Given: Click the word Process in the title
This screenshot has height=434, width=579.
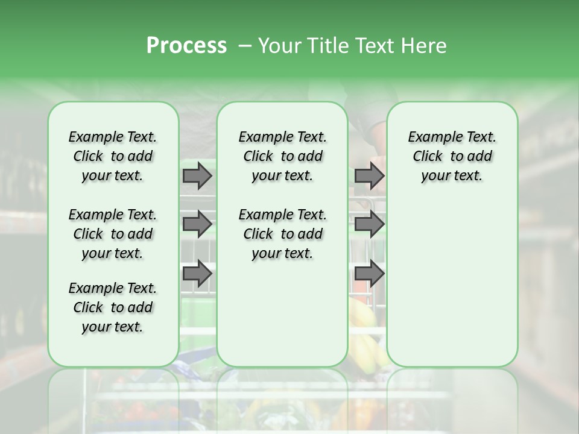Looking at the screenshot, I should point(186,46).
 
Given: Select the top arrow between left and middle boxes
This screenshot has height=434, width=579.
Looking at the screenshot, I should point(197,175).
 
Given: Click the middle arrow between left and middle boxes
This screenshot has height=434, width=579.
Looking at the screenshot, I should point(197,224).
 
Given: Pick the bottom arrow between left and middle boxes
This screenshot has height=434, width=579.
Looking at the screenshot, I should point(197,273).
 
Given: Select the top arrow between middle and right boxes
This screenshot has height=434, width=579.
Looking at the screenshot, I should point(369,175).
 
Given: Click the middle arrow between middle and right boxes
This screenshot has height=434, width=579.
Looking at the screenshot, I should point(369,224).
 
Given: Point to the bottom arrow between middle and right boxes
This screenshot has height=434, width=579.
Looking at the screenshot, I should point(369,273).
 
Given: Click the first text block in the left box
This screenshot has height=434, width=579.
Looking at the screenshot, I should point(113,156).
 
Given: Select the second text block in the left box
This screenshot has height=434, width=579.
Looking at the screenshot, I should point(113,234).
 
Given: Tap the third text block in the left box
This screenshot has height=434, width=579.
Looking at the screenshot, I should point(113,307).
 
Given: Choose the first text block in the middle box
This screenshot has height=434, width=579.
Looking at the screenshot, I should point(282,156).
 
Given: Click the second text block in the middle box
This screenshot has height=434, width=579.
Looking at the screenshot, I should point(282,234).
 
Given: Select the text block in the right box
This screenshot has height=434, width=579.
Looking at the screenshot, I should point(452,156).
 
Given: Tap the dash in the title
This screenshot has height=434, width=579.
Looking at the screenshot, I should point(244,46).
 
